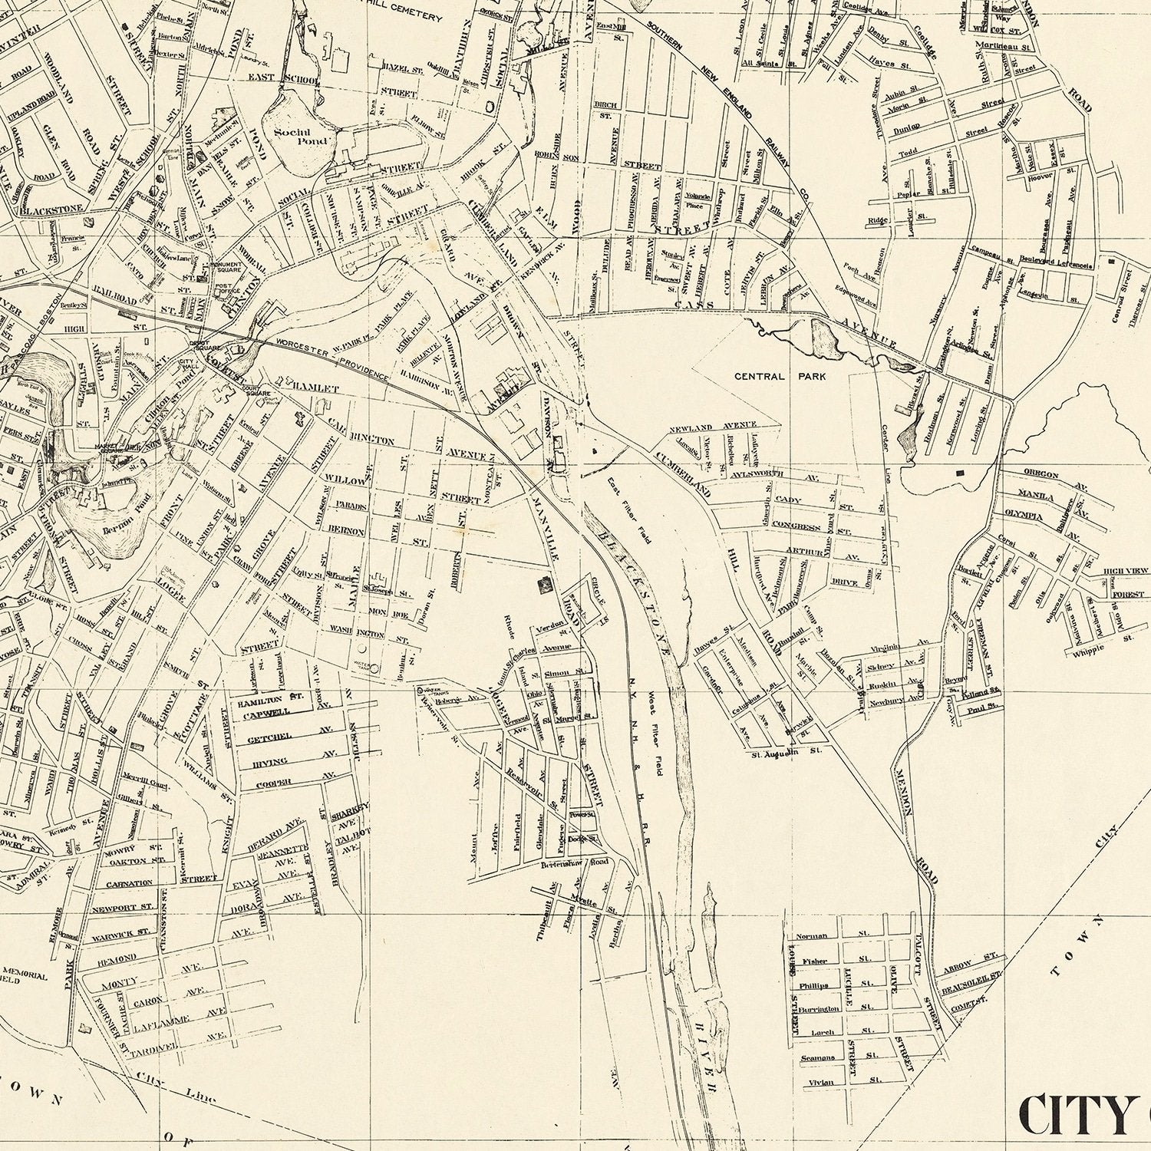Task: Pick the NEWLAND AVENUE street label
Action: pos(713,426)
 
